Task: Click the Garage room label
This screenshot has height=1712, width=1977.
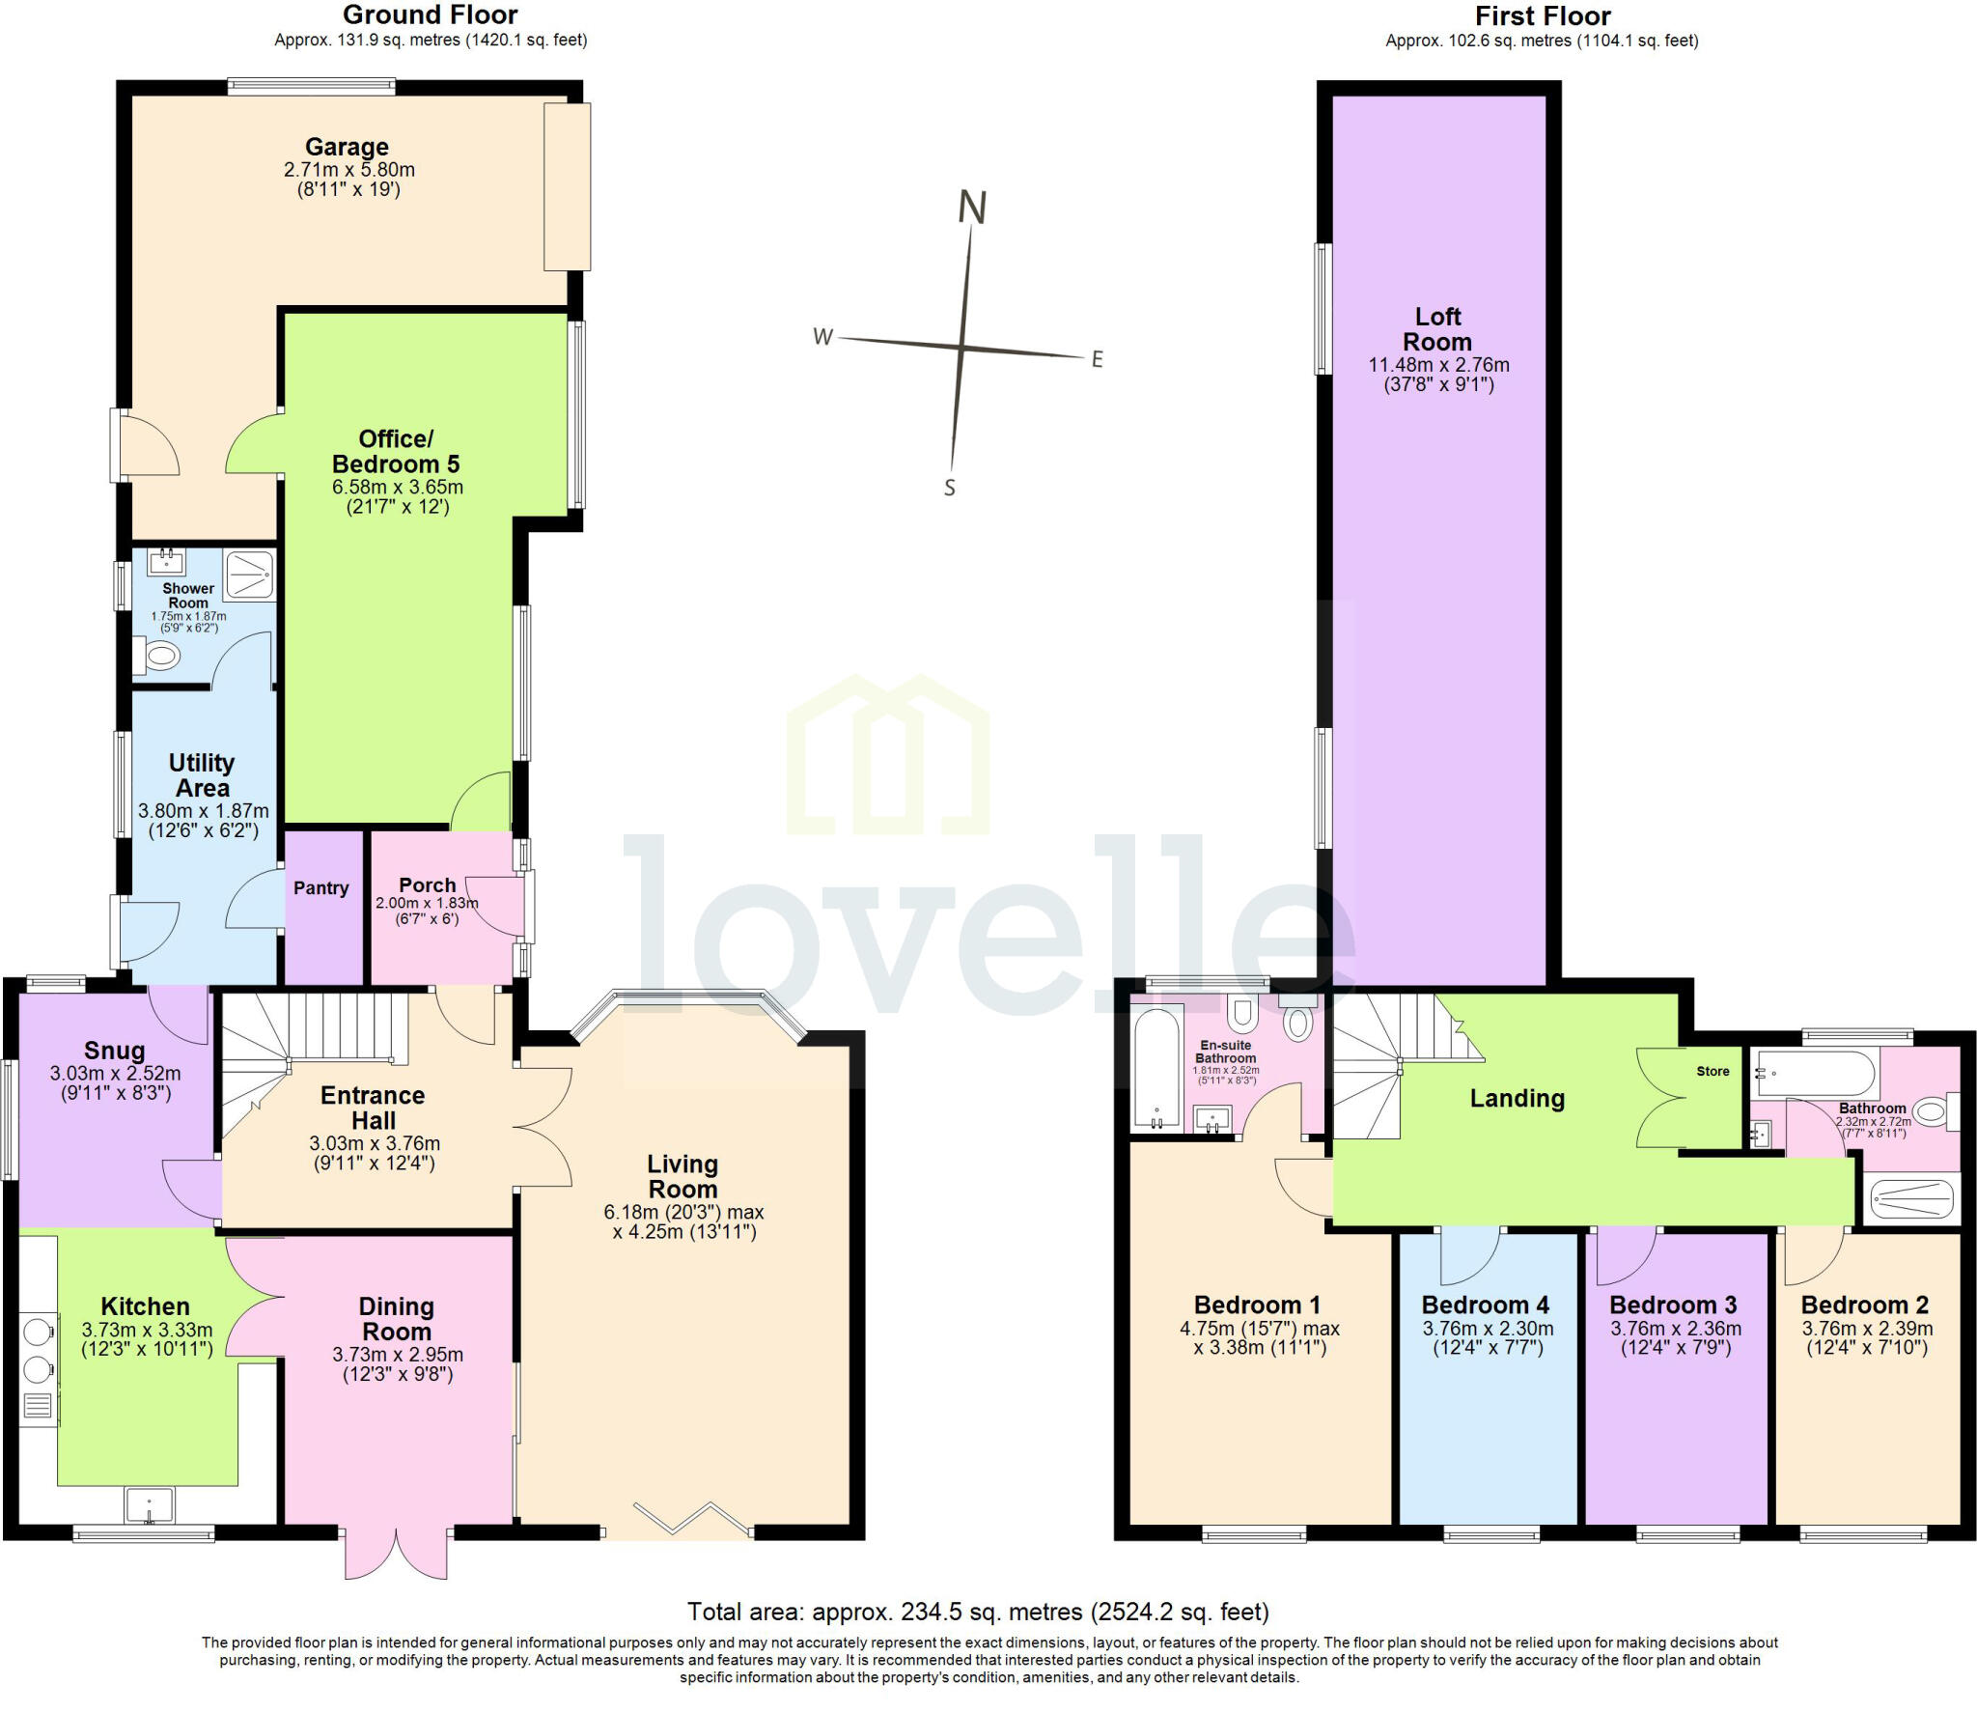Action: pyautogui.click(x=347, y=147)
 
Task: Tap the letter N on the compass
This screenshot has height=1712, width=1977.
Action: pyautogui.click(x=971, y=208)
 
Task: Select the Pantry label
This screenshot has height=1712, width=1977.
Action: pyautogui.click(x=320, y=887)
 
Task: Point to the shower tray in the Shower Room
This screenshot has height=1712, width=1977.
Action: pyautogui.click(x=249, y=575)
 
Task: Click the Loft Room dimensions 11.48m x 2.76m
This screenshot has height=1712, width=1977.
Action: pyautogui.click(x=1438, y=365)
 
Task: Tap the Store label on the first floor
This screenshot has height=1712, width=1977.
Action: pyautogui.click(x=1712, y=1071)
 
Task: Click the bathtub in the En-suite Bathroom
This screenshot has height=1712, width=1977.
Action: pyautogui.click(x=1156, y=1068)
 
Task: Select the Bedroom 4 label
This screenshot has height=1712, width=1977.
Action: pyautogui.click(x=1485, y=1305)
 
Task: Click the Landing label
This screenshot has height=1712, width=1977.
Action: pyautogui.click(x=1517, y=1098)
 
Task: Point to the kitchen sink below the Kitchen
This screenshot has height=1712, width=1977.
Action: pyautogui.click(x=149, y=1504)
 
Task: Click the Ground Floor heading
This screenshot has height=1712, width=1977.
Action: pyautogui.click(x=430, y=15)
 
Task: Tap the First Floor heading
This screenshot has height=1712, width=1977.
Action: pyautogui.click(x=1543, y=16)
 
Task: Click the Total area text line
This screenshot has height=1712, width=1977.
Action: pyautogui.click(x=977, y=1611)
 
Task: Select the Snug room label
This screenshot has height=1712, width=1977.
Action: pyautogui.click(x=114, y=1051)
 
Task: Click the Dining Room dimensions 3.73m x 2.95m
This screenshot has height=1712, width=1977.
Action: pyautogui.click(x=397, y=1354)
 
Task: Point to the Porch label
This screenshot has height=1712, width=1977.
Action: pyautogui.click(x=427, y=884)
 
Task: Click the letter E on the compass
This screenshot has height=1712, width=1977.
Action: pyautogui.click(x=1097, y=360)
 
